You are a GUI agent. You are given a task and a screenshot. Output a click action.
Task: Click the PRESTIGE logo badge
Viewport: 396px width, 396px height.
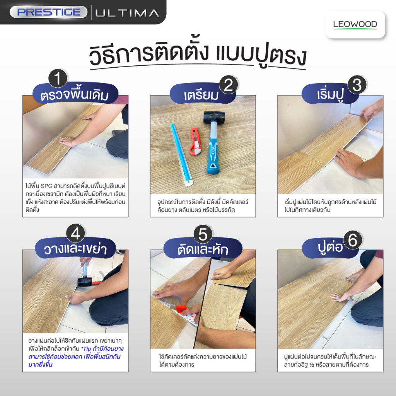click(48, 12)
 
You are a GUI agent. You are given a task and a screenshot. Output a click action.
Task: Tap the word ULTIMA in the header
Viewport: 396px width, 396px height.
click(127, 13)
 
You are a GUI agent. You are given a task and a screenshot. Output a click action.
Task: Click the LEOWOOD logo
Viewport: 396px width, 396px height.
click(355, 24)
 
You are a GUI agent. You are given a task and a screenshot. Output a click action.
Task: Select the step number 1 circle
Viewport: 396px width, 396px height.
click(58, 79)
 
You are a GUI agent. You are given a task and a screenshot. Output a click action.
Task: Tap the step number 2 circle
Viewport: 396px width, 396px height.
click(229, 85)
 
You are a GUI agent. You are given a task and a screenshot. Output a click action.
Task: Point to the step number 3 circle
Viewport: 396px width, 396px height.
click(357, 85)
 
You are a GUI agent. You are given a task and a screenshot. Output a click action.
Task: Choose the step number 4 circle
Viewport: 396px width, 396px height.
click(75, 233)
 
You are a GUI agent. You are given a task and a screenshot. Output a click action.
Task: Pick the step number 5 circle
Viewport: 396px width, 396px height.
click(203, 234)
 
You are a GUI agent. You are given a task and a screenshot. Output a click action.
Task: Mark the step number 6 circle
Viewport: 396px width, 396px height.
click(353, 240)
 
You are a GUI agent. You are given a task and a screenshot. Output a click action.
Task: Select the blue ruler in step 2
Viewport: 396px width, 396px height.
click(181, 155)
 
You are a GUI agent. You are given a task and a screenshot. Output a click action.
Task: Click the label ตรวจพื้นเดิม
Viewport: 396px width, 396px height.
click(75, 95)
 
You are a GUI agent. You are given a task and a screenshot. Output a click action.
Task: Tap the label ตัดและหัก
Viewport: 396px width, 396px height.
click(203, 249)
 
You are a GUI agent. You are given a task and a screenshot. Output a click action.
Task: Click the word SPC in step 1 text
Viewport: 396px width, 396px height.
click(46, 186)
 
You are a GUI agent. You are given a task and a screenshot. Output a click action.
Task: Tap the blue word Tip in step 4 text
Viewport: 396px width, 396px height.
click(87, 349)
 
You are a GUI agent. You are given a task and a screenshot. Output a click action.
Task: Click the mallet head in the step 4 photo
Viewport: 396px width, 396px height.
click(85, 282)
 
